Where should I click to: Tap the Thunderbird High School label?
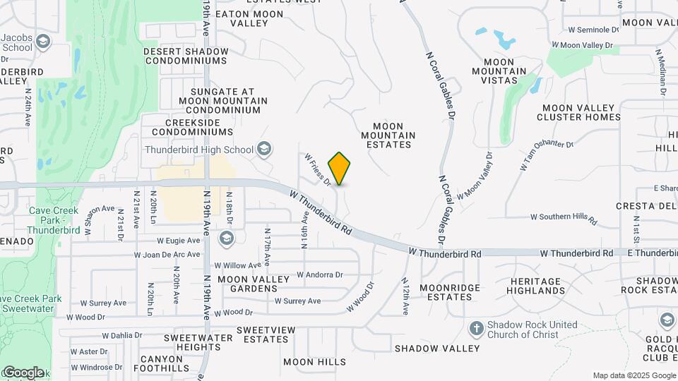tap(198, 150)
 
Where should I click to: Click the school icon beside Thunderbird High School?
tap(264, 149)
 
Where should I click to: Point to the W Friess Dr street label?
tap(319, 170)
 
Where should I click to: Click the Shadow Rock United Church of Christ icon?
tap(477, 329)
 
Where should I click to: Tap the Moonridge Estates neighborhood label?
tap(450, 292)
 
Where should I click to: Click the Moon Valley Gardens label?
tap(254, 284)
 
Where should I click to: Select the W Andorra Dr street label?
tap(319, 274)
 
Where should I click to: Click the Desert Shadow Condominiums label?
tap(186, 56)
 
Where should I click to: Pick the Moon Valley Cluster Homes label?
tap(580, 112)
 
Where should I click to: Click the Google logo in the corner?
tap(23, 372)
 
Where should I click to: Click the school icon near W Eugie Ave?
tap(227, 238)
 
